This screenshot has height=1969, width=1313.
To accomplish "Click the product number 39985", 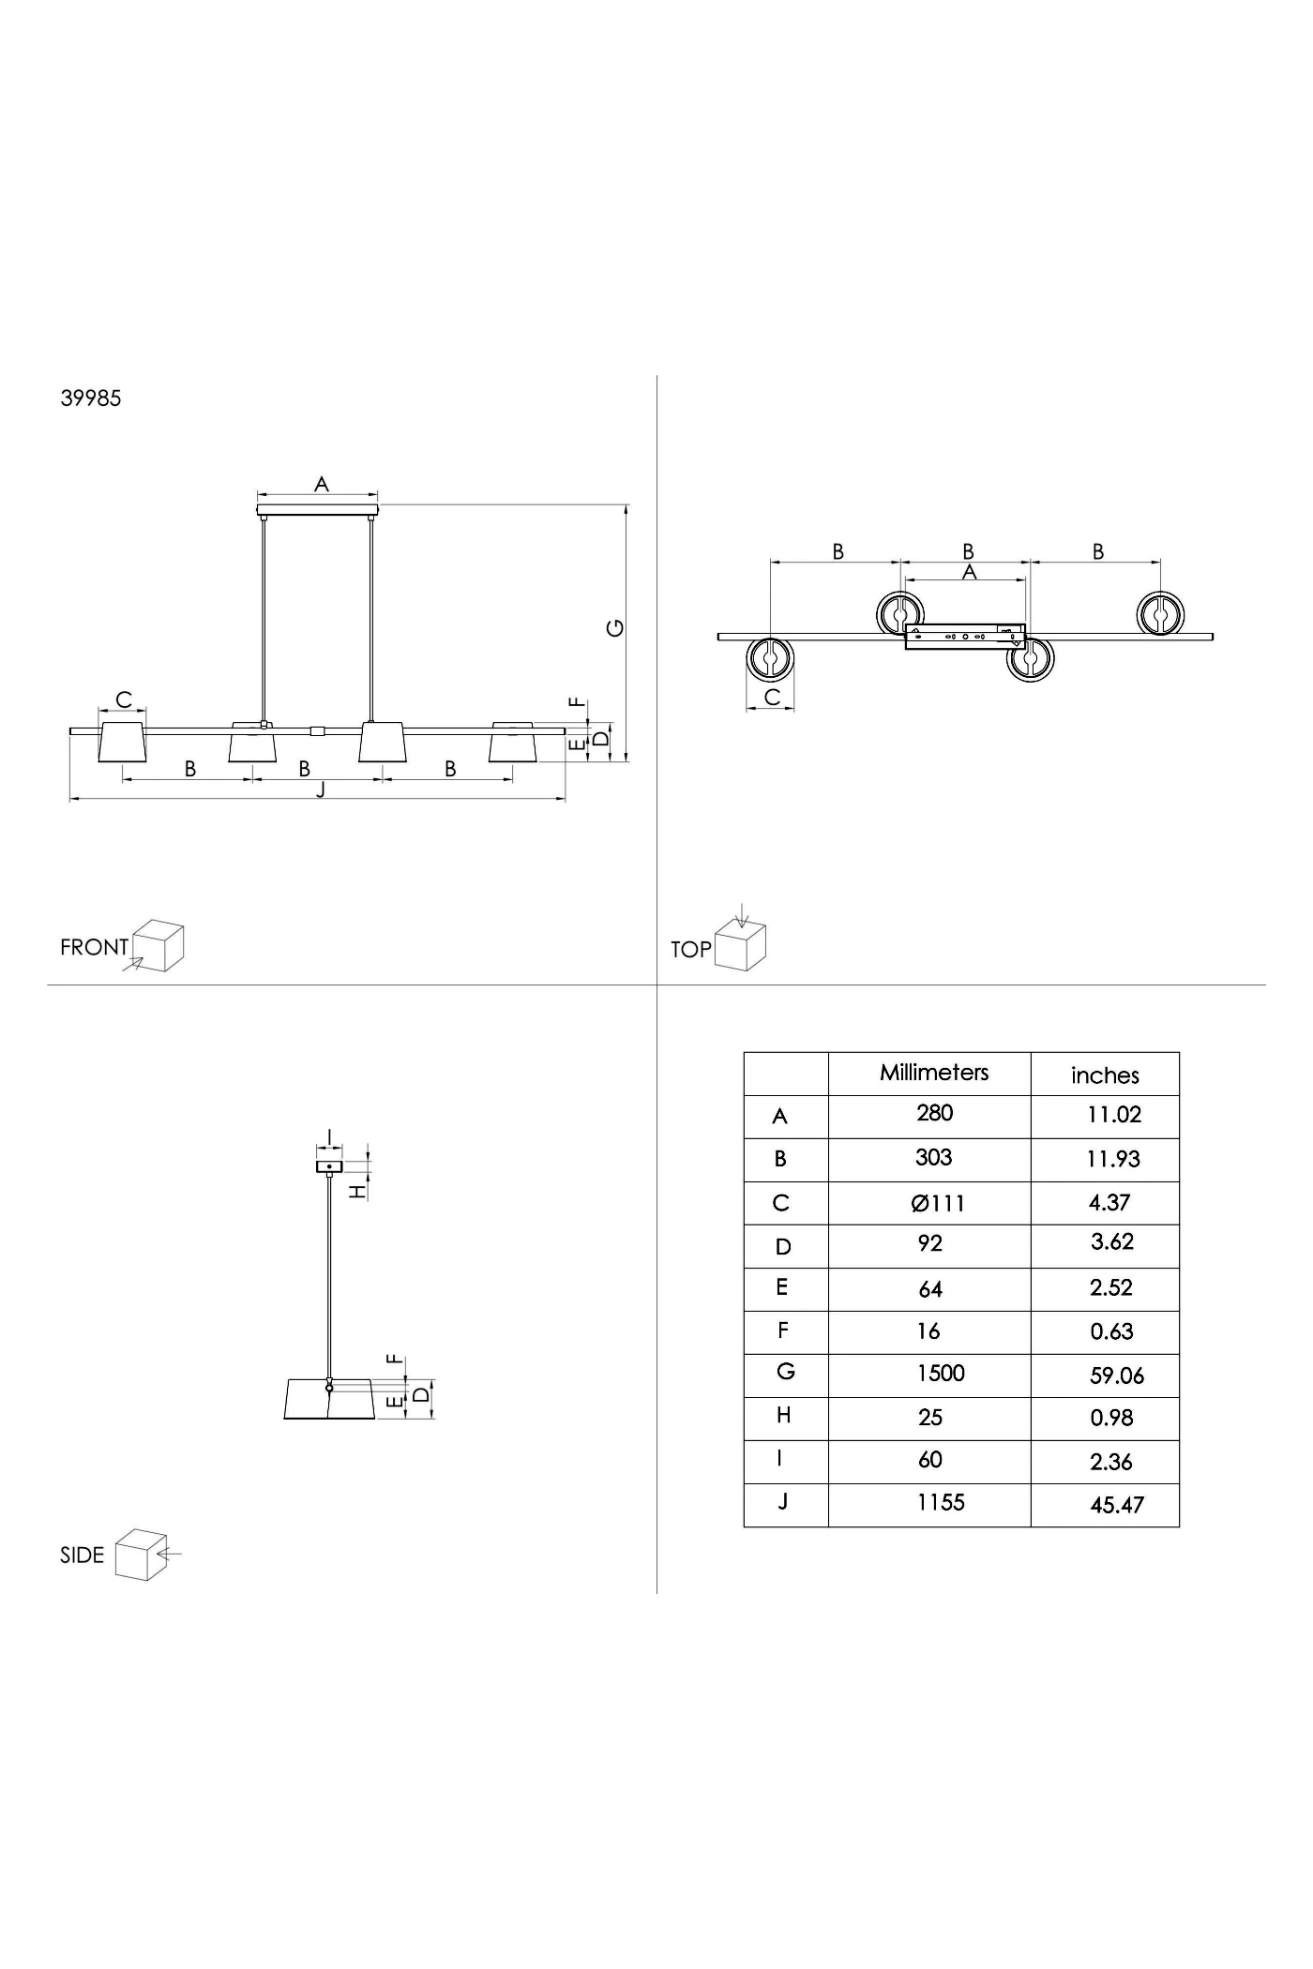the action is (x=91, y=398).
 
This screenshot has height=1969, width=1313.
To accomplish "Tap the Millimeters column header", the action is (x=934, y=1073).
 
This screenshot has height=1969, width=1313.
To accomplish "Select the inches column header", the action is (x=1105, y=1075).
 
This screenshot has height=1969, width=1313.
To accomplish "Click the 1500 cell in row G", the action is (x=941, y=1374).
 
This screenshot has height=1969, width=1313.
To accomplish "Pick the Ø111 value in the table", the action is (x=938, y=1204).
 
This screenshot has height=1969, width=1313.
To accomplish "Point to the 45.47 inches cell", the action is (x=1117, y=1506).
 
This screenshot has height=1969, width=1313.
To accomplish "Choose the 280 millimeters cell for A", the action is (x=935, y=1113).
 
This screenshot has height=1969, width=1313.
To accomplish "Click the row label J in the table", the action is (x=782, y=1501).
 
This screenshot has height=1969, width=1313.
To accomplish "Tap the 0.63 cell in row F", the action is (x=1112, y=1331).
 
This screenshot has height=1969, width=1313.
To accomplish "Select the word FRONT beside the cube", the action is (x=94, y=947).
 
